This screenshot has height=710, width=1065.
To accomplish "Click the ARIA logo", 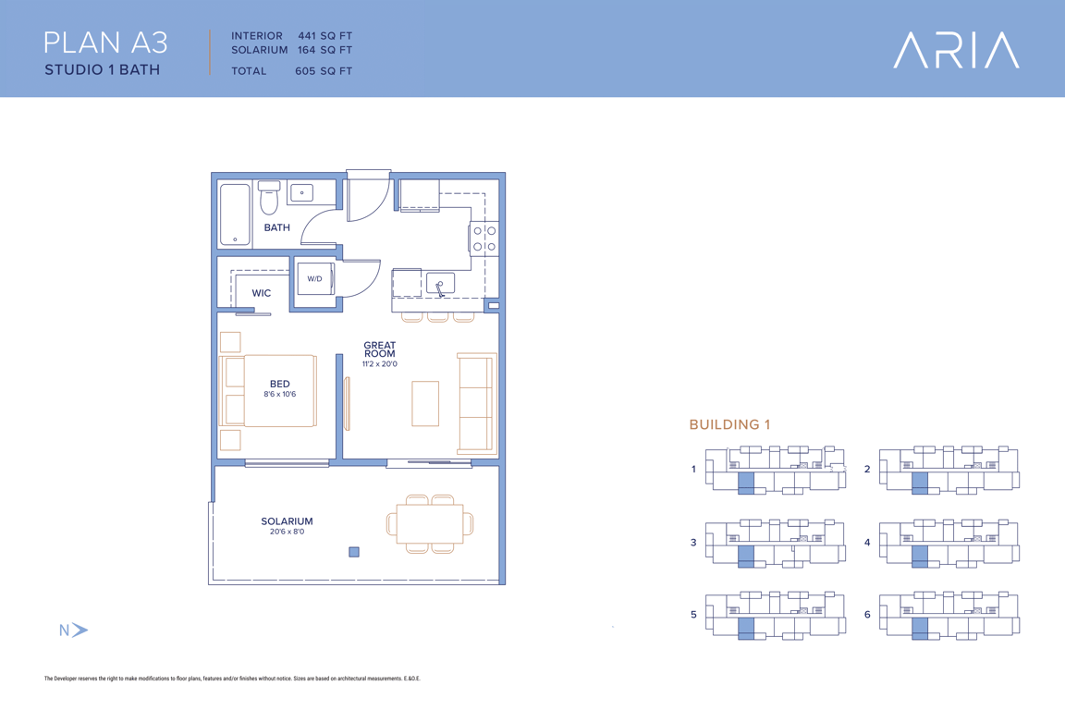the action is coord(956,50).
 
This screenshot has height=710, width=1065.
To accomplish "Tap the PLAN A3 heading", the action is coord(105,43).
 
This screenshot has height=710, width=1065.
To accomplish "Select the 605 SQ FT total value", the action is coord(324,70).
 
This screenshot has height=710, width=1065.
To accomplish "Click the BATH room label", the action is coord(277,227).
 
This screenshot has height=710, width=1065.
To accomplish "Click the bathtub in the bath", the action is coord(235,214).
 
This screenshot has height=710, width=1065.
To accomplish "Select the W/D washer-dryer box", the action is coord(316,278).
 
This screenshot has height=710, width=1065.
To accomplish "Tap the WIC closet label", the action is coord(262,293).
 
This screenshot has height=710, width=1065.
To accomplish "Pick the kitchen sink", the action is coord(440,283).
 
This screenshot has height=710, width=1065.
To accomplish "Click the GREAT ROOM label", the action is coord(380,349).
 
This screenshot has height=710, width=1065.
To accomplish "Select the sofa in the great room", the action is coord(477,403).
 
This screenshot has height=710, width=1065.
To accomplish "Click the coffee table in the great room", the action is coord(425,404).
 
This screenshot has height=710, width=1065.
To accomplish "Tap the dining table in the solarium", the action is coord(430,524).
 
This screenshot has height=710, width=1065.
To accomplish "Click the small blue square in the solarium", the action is coord(354,552).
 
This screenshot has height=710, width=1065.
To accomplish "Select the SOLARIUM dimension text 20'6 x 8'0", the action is coord(288,532).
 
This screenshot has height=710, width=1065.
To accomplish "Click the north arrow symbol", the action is coord(80,630).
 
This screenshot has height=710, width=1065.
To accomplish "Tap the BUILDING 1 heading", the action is coord(729,424).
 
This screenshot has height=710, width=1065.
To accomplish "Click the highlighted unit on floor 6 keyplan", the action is coord(920,629).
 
